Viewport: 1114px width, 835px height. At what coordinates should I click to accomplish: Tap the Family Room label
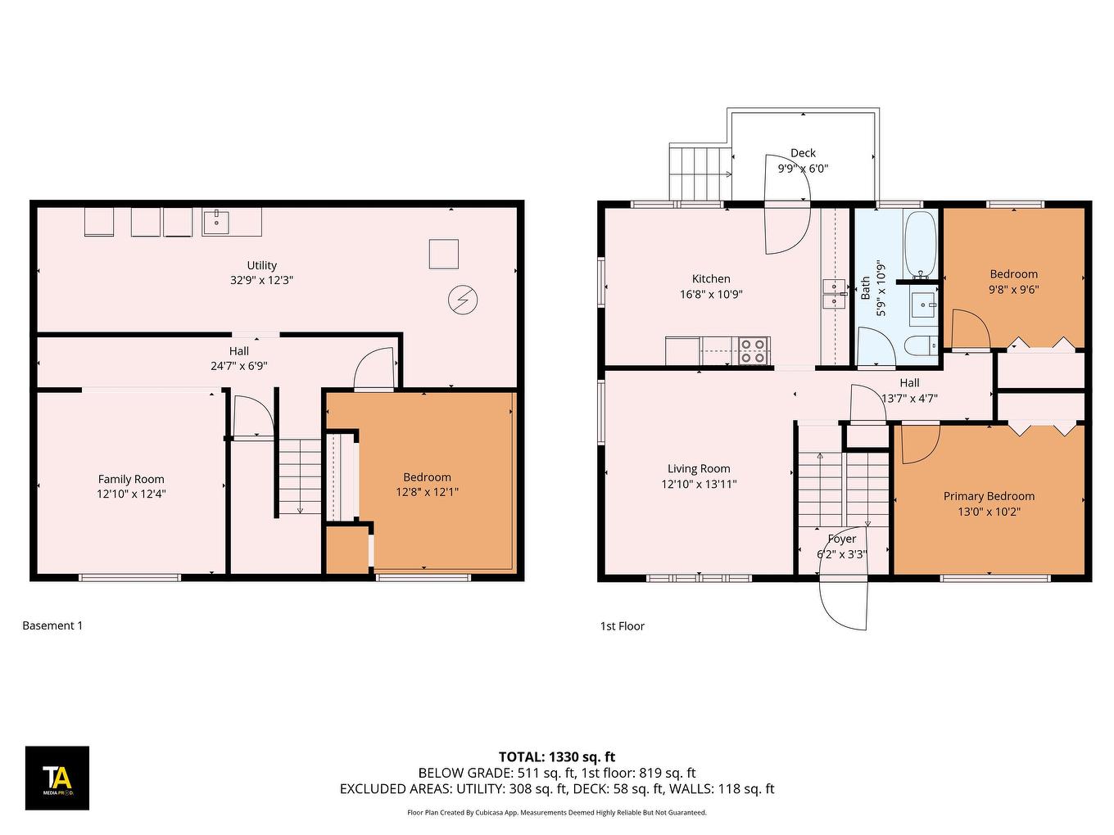(x=131, y=479)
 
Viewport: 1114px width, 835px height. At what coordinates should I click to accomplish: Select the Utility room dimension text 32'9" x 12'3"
(x=261, y=280)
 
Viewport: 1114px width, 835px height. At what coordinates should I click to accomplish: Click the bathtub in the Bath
(x=920, y=244)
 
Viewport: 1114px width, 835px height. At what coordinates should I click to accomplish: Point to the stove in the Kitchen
(x=753, y=350)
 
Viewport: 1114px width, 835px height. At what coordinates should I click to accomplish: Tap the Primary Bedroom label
(x=988, y=496)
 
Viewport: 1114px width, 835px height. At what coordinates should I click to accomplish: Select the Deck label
(x=803, y=153)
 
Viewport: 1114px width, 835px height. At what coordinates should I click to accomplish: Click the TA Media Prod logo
(x=57, y=778)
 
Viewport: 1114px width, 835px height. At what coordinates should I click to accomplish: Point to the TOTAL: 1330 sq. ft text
(x=557, y=757)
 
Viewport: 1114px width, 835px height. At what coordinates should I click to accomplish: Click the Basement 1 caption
(x=52, y=625)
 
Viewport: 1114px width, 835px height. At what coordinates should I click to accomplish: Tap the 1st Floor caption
(x=622, y=626)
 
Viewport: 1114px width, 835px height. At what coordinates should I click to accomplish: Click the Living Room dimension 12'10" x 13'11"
(x=699, y=484)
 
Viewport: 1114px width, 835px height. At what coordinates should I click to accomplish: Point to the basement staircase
(x=300, y=476)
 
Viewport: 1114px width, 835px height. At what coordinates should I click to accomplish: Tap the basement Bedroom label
(x=427, y=477)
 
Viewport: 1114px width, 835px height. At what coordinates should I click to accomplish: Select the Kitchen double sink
(x=834, y=294)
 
